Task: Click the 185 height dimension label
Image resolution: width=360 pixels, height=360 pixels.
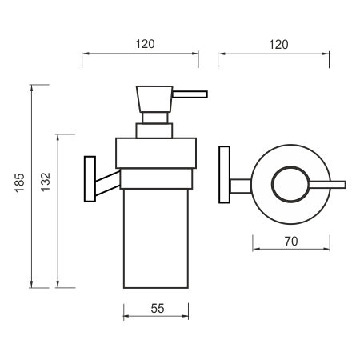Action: pos(19,183)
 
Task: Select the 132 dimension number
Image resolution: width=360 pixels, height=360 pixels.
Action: pos(46,182)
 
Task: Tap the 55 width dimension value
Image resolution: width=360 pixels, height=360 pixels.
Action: pos(158,309)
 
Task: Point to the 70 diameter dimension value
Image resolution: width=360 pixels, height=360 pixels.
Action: pos(291,242)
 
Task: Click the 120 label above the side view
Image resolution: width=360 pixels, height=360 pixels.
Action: pos(145,44)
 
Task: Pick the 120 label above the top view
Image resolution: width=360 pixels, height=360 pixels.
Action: pos(278,45)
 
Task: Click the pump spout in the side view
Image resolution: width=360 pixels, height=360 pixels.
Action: pos(190,94)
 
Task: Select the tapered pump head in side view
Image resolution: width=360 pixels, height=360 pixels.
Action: pos(154,99)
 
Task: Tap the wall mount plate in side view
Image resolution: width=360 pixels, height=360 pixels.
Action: pos(90,179)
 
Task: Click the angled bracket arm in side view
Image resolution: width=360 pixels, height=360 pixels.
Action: pos(108,183)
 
